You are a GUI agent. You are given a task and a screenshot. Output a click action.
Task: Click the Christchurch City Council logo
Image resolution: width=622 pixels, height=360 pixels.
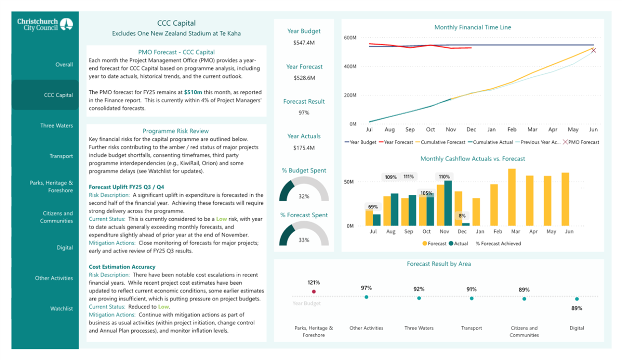tap(45, 24)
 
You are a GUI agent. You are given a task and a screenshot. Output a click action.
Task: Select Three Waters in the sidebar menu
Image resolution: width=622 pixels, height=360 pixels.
tap(57, 125)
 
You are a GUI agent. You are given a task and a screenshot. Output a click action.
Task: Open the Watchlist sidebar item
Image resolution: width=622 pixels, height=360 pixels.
tap(61, 308)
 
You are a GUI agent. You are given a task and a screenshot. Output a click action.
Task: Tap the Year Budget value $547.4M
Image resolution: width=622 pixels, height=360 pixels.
tap(304, 43)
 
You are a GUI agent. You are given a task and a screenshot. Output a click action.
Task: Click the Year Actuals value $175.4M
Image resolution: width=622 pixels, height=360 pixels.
tap(304, 148)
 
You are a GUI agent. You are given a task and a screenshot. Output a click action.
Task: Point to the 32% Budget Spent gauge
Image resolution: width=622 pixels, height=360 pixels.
tap(304, 188)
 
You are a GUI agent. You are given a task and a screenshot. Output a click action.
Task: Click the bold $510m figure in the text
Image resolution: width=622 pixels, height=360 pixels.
tap(193, 92)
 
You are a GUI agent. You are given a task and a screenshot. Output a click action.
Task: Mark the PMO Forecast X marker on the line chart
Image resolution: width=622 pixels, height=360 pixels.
tap(593, 50)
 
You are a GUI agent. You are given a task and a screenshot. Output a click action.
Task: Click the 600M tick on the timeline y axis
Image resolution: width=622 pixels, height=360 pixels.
tap(350, 38)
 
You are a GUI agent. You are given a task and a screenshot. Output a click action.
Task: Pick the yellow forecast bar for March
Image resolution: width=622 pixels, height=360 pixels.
tap(512, 197)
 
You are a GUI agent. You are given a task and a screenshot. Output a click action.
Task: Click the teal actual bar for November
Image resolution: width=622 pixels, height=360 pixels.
tap(448, 203)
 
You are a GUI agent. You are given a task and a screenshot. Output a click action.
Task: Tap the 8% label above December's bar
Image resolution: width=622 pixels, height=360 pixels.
tap(462, 216)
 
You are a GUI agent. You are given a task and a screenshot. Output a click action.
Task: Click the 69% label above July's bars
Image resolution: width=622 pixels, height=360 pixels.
tap(373, 207)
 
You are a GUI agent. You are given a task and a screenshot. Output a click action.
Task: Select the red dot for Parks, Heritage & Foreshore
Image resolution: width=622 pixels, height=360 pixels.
tap(314, 292)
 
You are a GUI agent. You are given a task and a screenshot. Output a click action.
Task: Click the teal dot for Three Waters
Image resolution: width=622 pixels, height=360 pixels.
tap(419, 298)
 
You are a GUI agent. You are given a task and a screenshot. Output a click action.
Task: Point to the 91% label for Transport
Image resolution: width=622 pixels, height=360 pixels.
tap(471, 290)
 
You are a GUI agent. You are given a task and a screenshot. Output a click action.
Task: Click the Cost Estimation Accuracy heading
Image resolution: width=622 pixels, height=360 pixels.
tap(122, 267)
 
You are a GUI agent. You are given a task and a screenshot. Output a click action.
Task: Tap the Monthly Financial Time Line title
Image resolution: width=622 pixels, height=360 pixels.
tap(473, 27)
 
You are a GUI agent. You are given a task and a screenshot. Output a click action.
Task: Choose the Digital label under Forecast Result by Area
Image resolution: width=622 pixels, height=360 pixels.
tap(577, 328)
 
